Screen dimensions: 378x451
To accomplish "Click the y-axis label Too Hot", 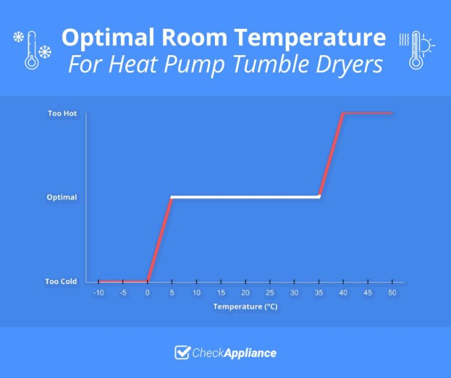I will pyautogui.click(x=62, y=113).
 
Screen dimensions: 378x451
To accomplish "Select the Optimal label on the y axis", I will pyautogui.click(x=62, y=197).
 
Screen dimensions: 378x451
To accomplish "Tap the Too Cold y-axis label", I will pyautogui.click(x=61, y=282).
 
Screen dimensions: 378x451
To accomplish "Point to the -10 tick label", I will pyautogui.click(x=98, y=292).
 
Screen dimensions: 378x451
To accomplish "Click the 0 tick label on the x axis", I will pyautogui.click(x=147, y=292).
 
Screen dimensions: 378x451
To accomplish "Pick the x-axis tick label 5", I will pyautogui.click(x=171, y=292).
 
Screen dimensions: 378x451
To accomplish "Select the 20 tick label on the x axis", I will pyautogui.click(x=245, y=292).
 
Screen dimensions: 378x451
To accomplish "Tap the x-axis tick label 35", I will pyautogui.click(x=319, y=292).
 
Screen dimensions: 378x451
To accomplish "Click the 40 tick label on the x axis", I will pyautogui.click(x=344, y=292).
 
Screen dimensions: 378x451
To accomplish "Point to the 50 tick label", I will pyautogui.click(x=392, y=292).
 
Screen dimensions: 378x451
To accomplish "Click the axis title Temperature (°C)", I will pyautogui.click(x=245, y=306).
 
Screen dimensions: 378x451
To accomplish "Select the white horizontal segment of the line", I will pyautogui.click(x=245, y=197).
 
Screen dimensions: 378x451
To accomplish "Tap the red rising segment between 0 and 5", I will pyautogui.click(x=159, y=239).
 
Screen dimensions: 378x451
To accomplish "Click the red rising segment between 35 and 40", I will pyautogui.click(x=331, y=154).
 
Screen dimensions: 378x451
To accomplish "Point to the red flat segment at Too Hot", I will pyautogui.click(x=368, y=112).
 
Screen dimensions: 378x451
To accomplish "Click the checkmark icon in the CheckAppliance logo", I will pyautogui.click(x=182, y=352).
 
